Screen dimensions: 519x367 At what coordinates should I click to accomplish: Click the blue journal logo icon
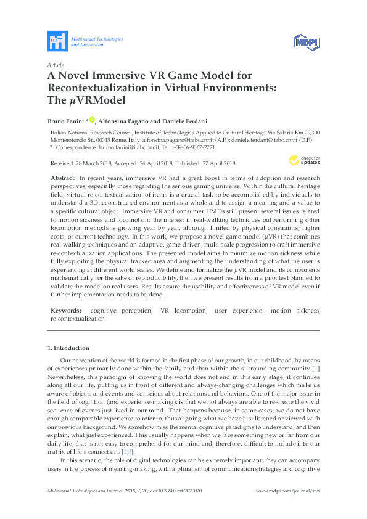click(57, 42)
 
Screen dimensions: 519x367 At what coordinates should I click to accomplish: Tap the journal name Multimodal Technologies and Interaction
click(97, 42)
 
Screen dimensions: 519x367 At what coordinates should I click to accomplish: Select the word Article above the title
click(56, 65)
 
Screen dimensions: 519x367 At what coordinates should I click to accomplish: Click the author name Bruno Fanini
click(66, 120)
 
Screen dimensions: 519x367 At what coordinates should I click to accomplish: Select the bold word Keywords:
click(65, 311)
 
